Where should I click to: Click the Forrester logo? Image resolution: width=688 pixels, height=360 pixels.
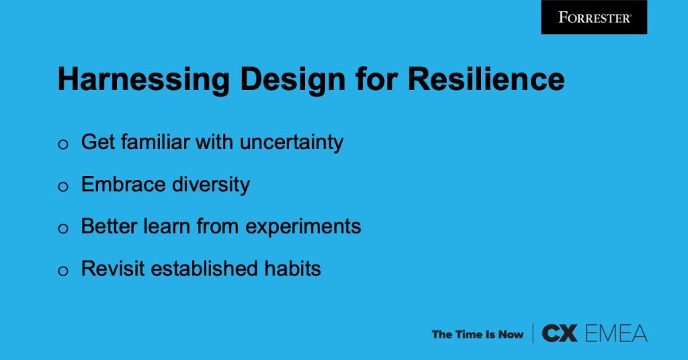click(x=594, y=17)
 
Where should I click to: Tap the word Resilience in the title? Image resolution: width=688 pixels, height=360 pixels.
click(x=486, y=80)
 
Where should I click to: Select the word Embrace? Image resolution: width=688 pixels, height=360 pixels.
click(x=120, y=185)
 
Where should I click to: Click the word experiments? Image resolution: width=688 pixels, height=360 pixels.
click(x=303, y=227)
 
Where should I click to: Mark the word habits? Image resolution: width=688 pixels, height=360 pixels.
click(x=290, y=269)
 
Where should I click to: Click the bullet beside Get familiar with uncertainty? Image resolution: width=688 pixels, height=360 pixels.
click(x=64, y=144)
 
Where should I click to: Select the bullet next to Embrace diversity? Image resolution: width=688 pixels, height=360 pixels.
click(x=64, y=187)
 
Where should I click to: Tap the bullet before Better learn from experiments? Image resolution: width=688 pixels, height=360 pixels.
click(x=64, y=229)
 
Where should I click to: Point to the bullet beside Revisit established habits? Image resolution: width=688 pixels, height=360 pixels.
click(x=64, y=271)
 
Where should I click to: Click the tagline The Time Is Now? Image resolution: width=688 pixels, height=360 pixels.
click(x=477, y=334)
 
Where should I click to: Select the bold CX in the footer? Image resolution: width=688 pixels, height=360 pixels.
click(x=559, y=333)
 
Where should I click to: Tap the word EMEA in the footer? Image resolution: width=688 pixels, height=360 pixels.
click(x=615, y=333)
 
